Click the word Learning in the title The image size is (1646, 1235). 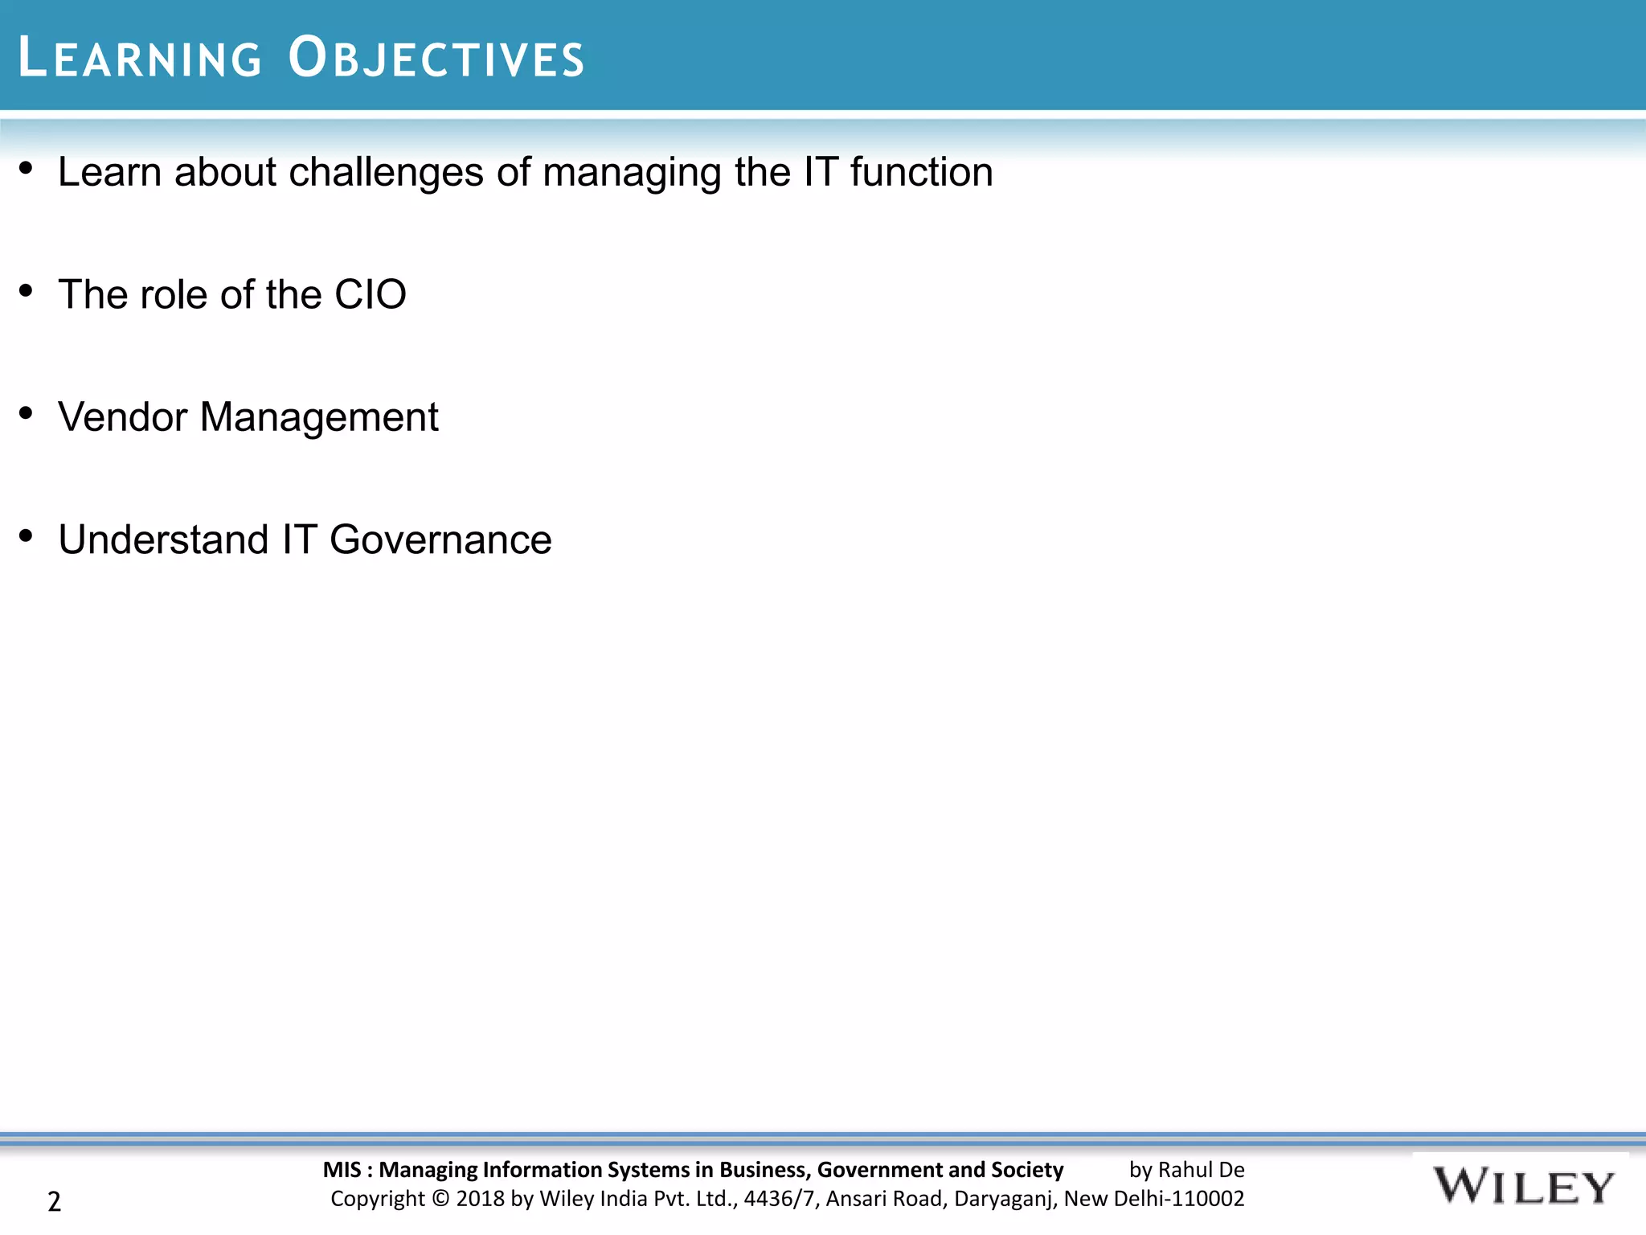140,58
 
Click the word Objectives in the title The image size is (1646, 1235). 436,58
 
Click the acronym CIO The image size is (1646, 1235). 371,294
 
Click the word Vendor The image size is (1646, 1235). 122,417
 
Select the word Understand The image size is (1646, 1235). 163,540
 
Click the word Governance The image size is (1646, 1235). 440,540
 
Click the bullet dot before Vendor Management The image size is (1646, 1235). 26,413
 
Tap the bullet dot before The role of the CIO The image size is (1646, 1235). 26,290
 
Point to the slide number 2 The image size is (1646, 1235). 54,1201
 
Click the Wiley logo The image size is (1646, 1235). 1522,1187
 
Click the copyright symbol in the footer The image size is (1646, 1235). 440,1199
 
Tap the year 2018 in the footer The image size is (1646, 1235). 481,1199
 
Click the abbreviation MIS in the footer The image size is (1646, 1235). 342,1170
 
